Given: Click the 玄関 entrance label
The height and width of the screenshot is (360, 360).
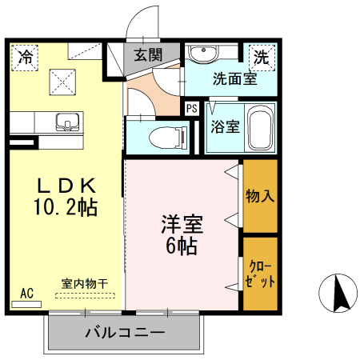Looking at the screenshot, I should pyautogui.click(x=148, y=55).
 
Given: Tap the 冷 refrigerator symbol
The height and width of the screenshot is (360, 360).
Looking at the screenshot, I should pyautogui.click(x=26, y=58).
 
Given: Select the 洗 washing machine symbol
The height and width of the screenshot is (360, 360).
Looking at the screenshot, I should pyautogui.click(x=261, y=57).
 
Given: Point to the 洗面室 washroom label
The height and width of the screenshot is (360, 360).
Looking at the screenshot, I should pyautogui.click(x=234, y=79).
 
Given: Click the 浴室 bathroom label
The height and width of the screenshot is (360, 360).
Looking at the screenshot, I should pyautogui.click(x=225, y=126).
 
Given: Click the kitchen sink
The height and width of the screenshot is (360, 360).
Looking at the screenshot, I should pyautogui.click(x=66, y=122).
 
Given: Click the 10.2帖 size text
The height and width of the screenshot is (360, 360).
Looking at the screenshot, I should pyautogui.click(x=66, y=208).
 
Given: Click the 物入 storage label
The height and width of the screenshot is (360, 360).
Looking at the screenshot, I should pyautogui.click(x=260, y=196).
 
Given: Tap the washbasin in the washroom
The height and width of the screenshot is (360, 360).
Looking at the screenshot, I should pyautogui.click(x=206, y=54).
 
